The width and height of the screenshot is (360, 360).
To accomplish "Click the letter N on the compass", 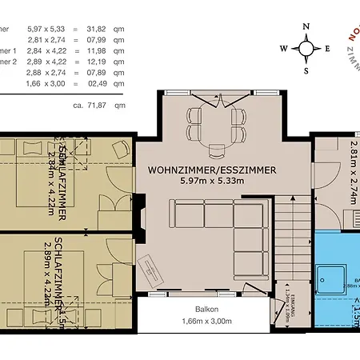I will pyautogui.click(x=306, y=26).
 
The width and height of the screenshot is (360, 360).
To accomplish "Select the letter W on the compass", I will pyautogui.click(x=283, y=48).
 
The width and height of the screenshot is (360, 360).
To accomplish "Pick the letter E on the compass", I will pyautogui.click(x=327, y=48).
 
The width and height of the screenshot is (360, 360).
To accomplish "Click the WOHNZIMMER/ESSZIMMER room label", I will pyautogui.click(x=212, y=170).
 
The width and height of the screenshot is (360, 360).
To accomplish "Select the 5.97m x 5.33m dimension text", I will pyautogui.click(x=212, y=182).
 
